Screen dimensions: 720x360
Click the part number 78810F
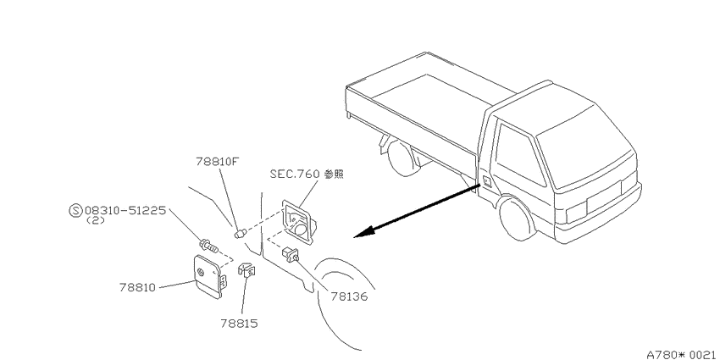point(218,162)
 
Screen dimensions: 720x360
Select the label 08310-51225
point(125,210)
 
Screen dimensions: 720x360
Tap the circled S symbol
point(75,211)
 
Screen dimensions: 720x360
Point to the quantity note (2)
point(96,220)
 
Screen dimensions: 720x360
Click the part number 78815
point(239,324)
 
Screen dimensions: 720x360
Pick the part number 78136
point(350,296)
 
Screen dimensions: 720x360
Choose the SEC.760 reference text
point(307,174)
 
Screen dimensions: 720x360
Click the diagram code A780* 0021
point(681,354)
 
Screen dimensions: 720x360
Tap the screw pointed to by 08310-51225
point(208,246)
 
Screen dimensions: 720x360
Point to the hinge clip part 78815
point(246,269)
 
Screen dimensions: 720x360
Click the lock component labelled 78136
point(291,254)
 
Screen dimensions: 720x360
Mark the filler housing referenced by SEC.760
point(300,223)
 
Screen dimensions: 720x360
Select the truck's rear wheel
point(402,158)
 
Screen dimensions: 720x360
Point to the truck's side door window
point(519,155)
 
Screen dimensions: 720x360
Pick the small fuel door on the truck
point(486,180)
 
